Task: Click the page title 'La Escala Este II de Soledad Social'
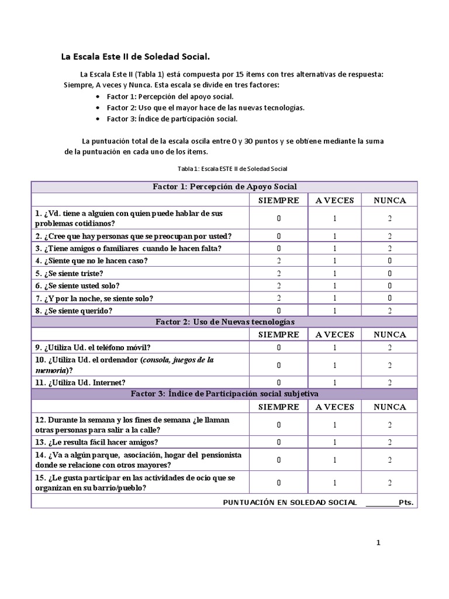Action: (x=136, y=57)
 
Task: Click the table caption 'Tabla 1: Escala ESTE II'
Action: (x=233, y=168)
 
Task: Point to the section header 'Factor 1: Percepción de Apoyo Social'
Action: (x=224, y=187)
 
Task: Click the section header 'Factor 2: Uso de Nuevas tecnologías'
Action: (x=224, y=322)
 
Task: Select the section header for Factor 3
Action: (x=224, y=394)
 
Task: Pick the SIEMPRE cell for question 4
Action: (x=278, y=261)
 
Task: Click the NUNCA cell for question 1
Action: (x=389, y=218)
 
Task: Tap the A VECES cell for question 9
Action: (x=334, y=347)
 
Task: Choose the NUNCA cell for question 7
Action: (x=389, y=298)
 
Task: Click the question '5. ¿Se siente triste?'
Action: (x=69, y=273)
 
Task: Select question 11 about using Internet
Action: (x=80, y=383)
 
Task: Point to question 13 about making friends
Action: (x=96, y=442)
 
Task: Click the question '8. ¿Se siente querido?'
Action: (x=73, y=311)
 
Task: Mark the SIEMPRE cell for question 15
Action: (x=278, y=483)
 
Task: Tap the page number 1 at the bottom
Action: (x=378, y=543)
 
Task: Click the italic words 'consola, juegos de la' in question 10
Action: (x=178, y=360)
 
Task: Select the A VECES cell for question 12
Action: (x=334, y=425)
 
